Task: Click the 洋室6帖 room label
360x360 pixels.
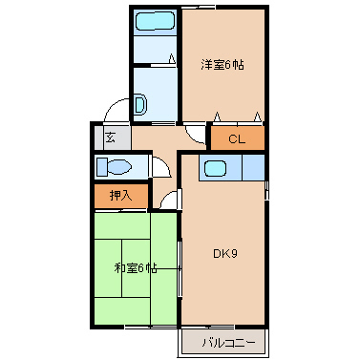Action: [222, 65]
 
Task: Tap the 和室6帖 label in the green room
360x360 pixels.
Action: [134, 268]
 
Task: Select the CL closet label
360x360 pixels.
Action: [236, 139]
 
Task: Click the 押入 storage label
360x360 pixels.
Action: [120, 196]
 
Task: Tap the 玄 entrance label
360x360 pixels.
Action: [110, 137]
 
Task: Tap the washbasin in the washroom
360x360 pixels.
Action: [140, 105]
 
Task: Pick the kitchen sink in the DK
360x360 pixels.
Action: [216, 169]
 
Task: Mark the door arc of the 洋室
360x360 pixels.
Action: [197, 135]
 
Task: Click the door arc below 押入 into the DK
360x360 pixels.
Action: [170, 200]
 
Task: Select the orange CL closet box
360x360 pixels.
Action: [237, 139]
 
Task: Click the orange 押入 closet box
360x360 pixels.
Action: [121, 196]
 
